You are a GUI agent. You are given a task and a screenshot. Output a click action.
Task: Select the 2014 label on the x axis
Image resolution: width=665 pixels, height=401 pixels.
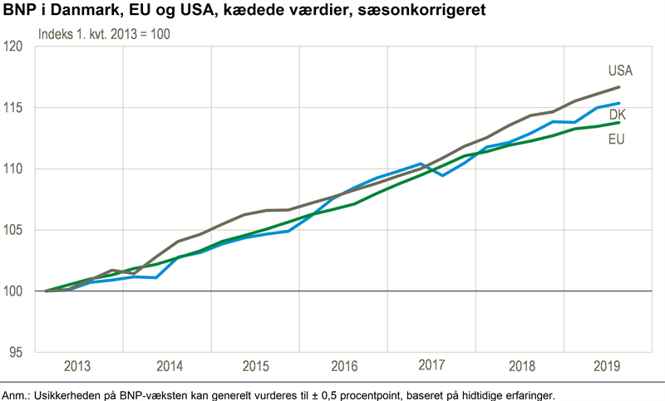tap(169, 365)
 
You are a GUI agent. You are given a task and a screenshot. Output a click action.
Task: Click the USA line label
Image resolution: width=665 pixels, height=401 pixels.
tap(620, 71)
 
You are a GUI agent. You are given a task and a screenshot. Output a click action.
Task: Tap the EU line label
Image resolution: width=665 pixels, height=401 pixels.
tap(616, 138)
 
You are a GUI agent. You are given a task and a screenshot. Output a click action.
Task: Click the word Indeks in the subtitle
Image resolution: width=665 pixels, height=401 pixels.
tap(57, 34)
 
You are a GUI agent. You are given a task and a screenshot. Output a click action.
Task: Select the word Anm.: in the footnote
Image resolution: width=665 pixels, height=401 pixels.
tap(17, 394)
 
